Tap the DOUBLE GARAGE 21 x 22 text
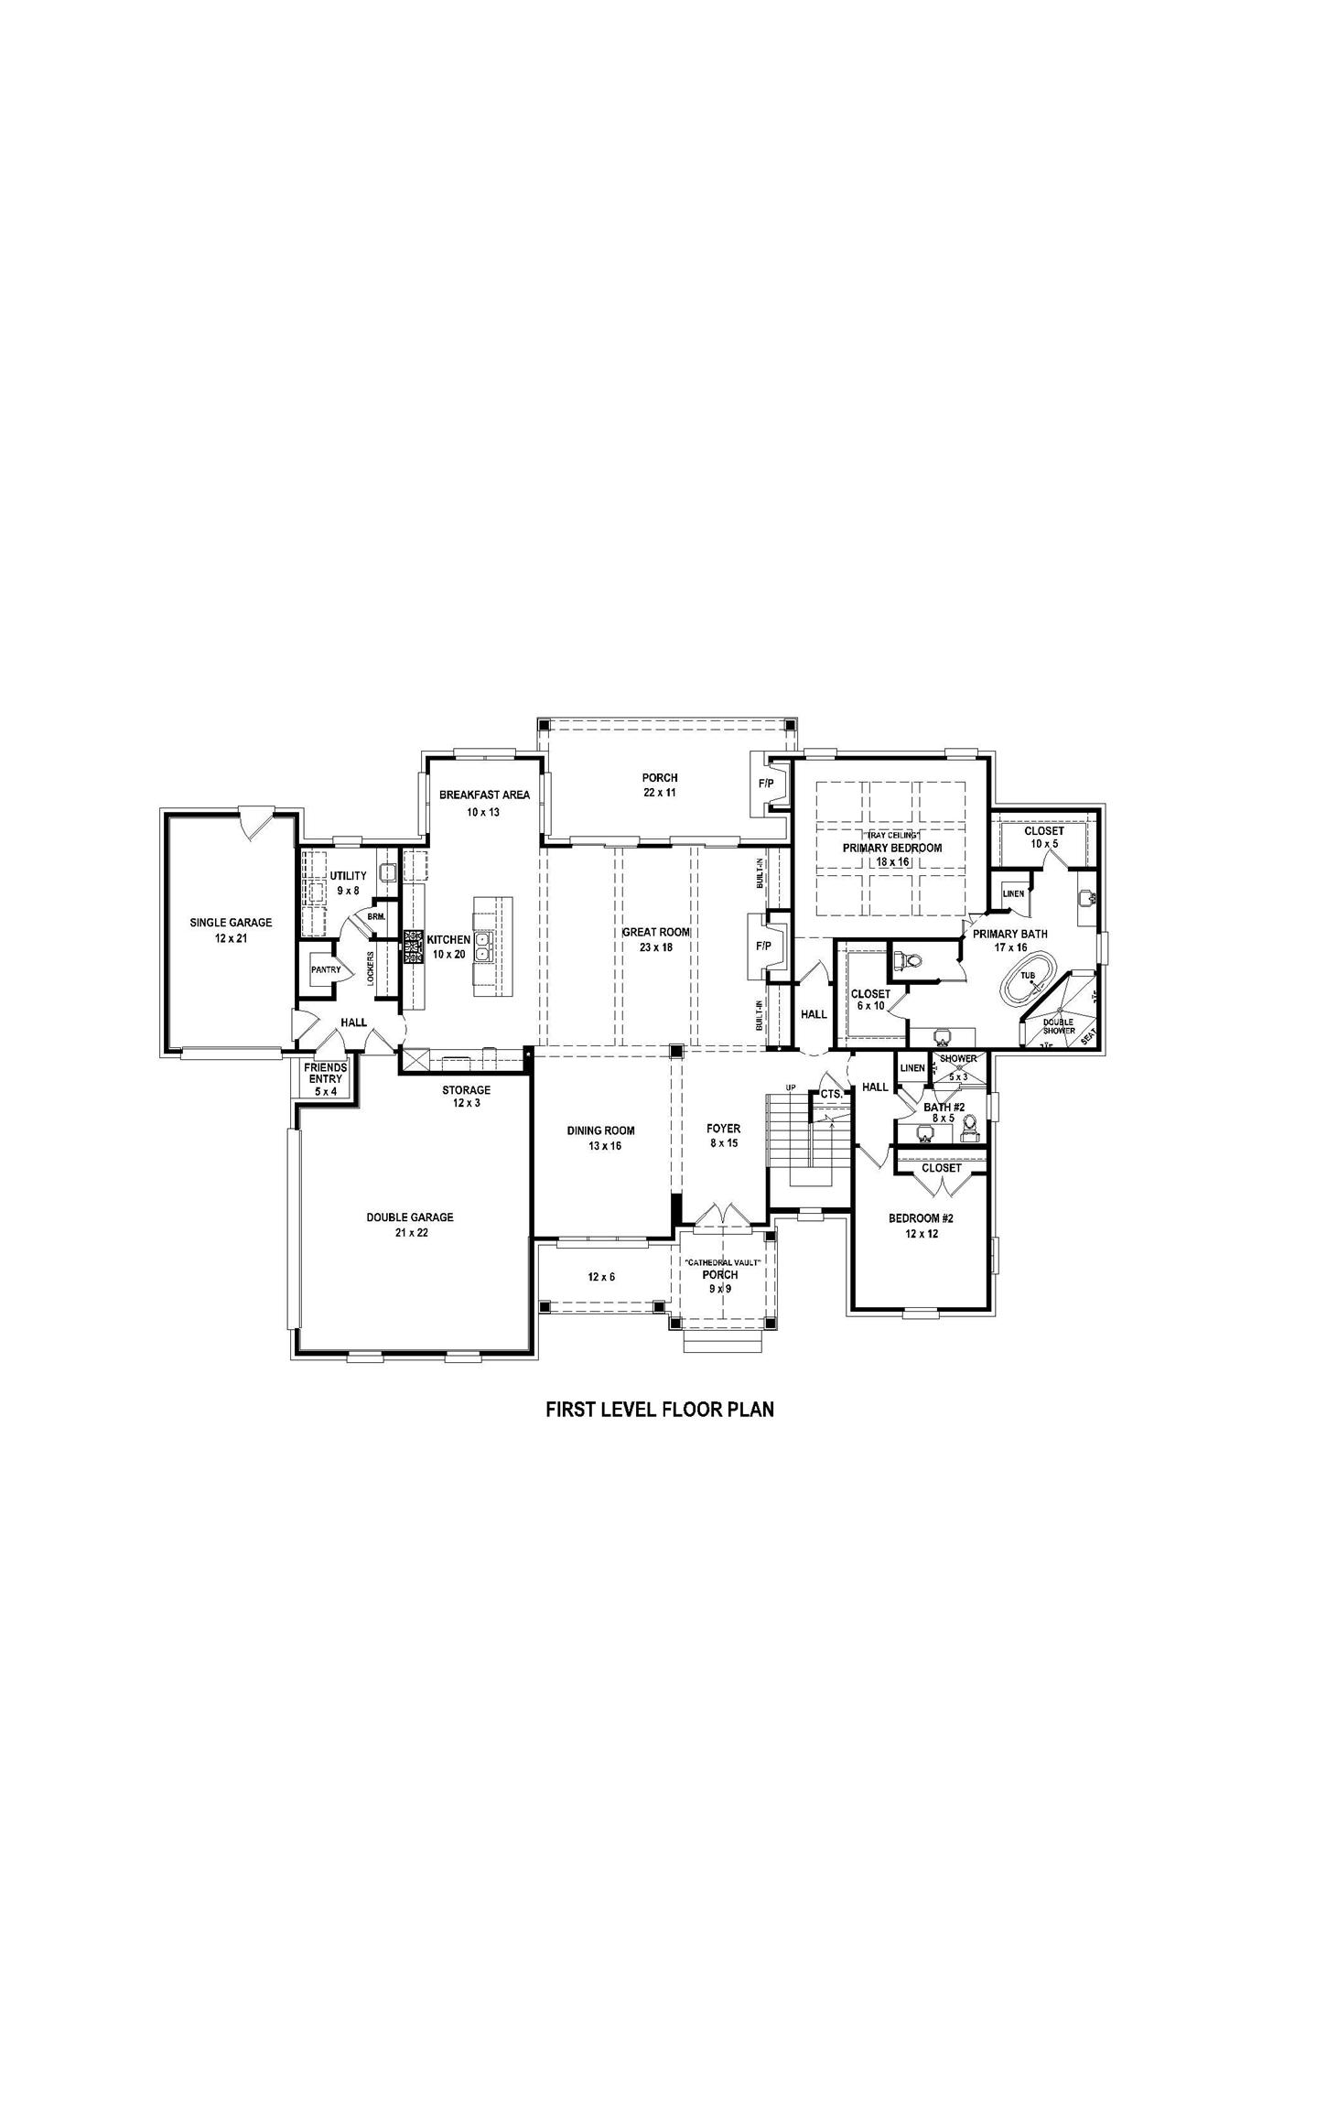coord(410,1225)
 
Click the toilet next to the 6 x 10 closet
coord(910,961)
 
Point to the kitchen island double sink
coord(484,946)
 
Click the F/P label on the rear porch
coord(765,784)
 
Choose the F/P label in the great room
coord(763,946)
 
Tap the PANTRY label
coord(325,969)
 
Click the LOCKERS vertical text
coord(371,968)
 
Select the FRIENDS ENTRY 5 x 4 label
coord(326,1079)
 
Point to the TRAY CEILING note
coord(891,836)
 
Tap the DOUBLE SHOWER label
coord(1059,1026)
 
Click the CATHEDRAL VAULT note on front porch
coord(722,1262)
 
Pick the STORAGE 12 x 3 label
coord(466,1097)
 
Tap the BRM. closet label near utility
coord(376,916)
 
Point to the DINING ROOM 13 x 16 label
coord(600,1138)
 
